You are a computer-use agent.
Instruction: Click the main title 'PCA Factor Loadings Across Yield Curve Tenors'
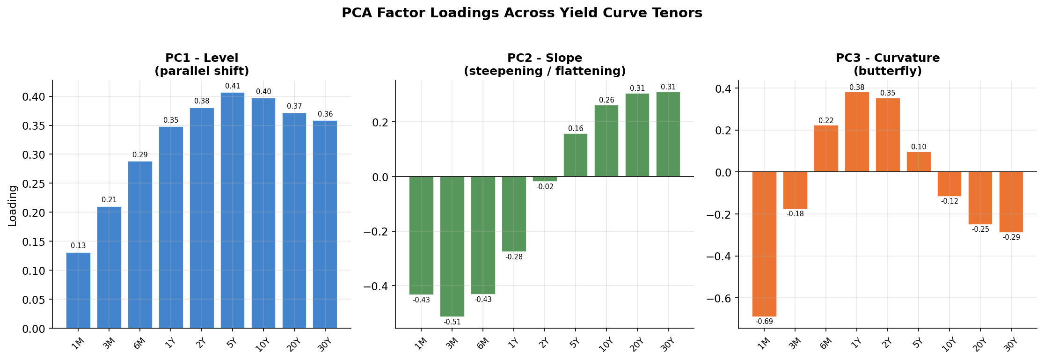[x=522, y=13]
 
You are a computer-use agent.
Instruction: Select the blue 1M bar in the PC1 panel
[x=78, y=290]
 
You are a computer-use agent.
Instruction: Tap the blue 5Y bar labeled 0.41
[x=233, y=211]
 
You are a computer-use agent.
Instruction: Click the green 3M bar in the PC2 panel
[x=452, y=246]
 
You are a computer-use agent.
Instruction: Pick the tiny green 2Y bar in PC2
[x=545, y=179]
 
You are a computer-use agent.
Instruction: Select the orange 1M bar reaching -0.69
[x=764, y=243]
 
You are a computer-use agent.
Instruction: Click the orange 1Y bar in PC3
[x=857, y=132]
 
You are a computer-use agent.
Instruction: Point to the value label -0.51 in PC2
[x=452, y=322]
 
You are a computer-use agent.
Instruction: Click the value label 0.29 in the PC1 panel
[x=140, y=155]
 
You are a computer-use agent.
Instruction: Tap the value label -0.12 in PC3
[x=949, y=201]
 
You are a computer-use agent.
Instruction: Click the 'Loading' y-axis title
[x=13, y=206]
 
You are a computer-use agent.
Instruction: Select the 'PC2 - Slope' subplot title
[x=545, y=58]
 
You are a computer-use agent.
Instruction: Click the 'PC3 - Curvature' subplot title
[x=888, y=58]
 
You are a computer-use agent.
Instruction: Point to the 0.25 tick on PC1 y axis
[x=33, y=184]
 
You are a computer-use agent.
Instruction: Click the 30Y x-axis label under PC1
[x=324, y=345]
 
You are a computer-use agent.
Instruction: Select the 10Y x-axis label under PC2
[x=606, y=345]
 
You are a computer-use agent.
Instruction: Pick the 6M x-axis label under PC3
[x=826, y=344]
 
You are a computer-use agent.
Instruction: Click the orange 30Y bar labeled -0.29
[x=1011, y=202]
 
